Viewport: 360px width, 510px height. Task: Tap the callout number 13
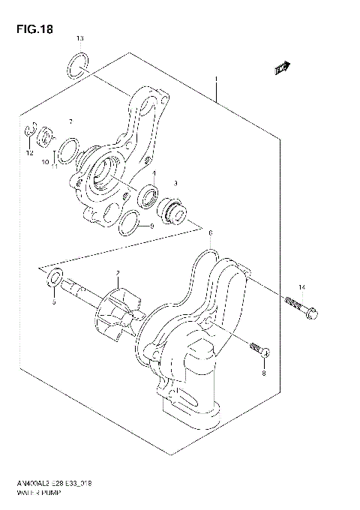pos(80,38)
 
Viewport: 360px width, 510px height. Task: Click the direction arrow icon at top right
pos(283,70)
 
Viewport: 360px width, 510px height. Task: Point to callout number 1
pos(216,79)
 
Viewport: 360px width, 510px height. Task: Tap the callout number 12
pos(29,153)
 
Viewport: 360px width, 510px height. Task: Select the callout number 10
pos(45,161)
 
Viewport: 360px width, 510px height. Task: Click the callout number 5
pos(53,303)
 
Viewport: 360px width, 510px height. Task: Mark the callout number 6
pos(211,233)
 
